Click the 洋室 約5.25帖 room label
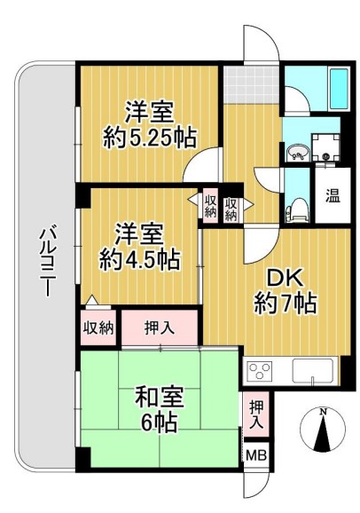coord(148,124)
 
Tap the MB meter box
coord(255,455)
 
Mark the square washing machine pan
coord(327,148)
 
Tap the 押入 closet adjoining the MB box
coord(255,415)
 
